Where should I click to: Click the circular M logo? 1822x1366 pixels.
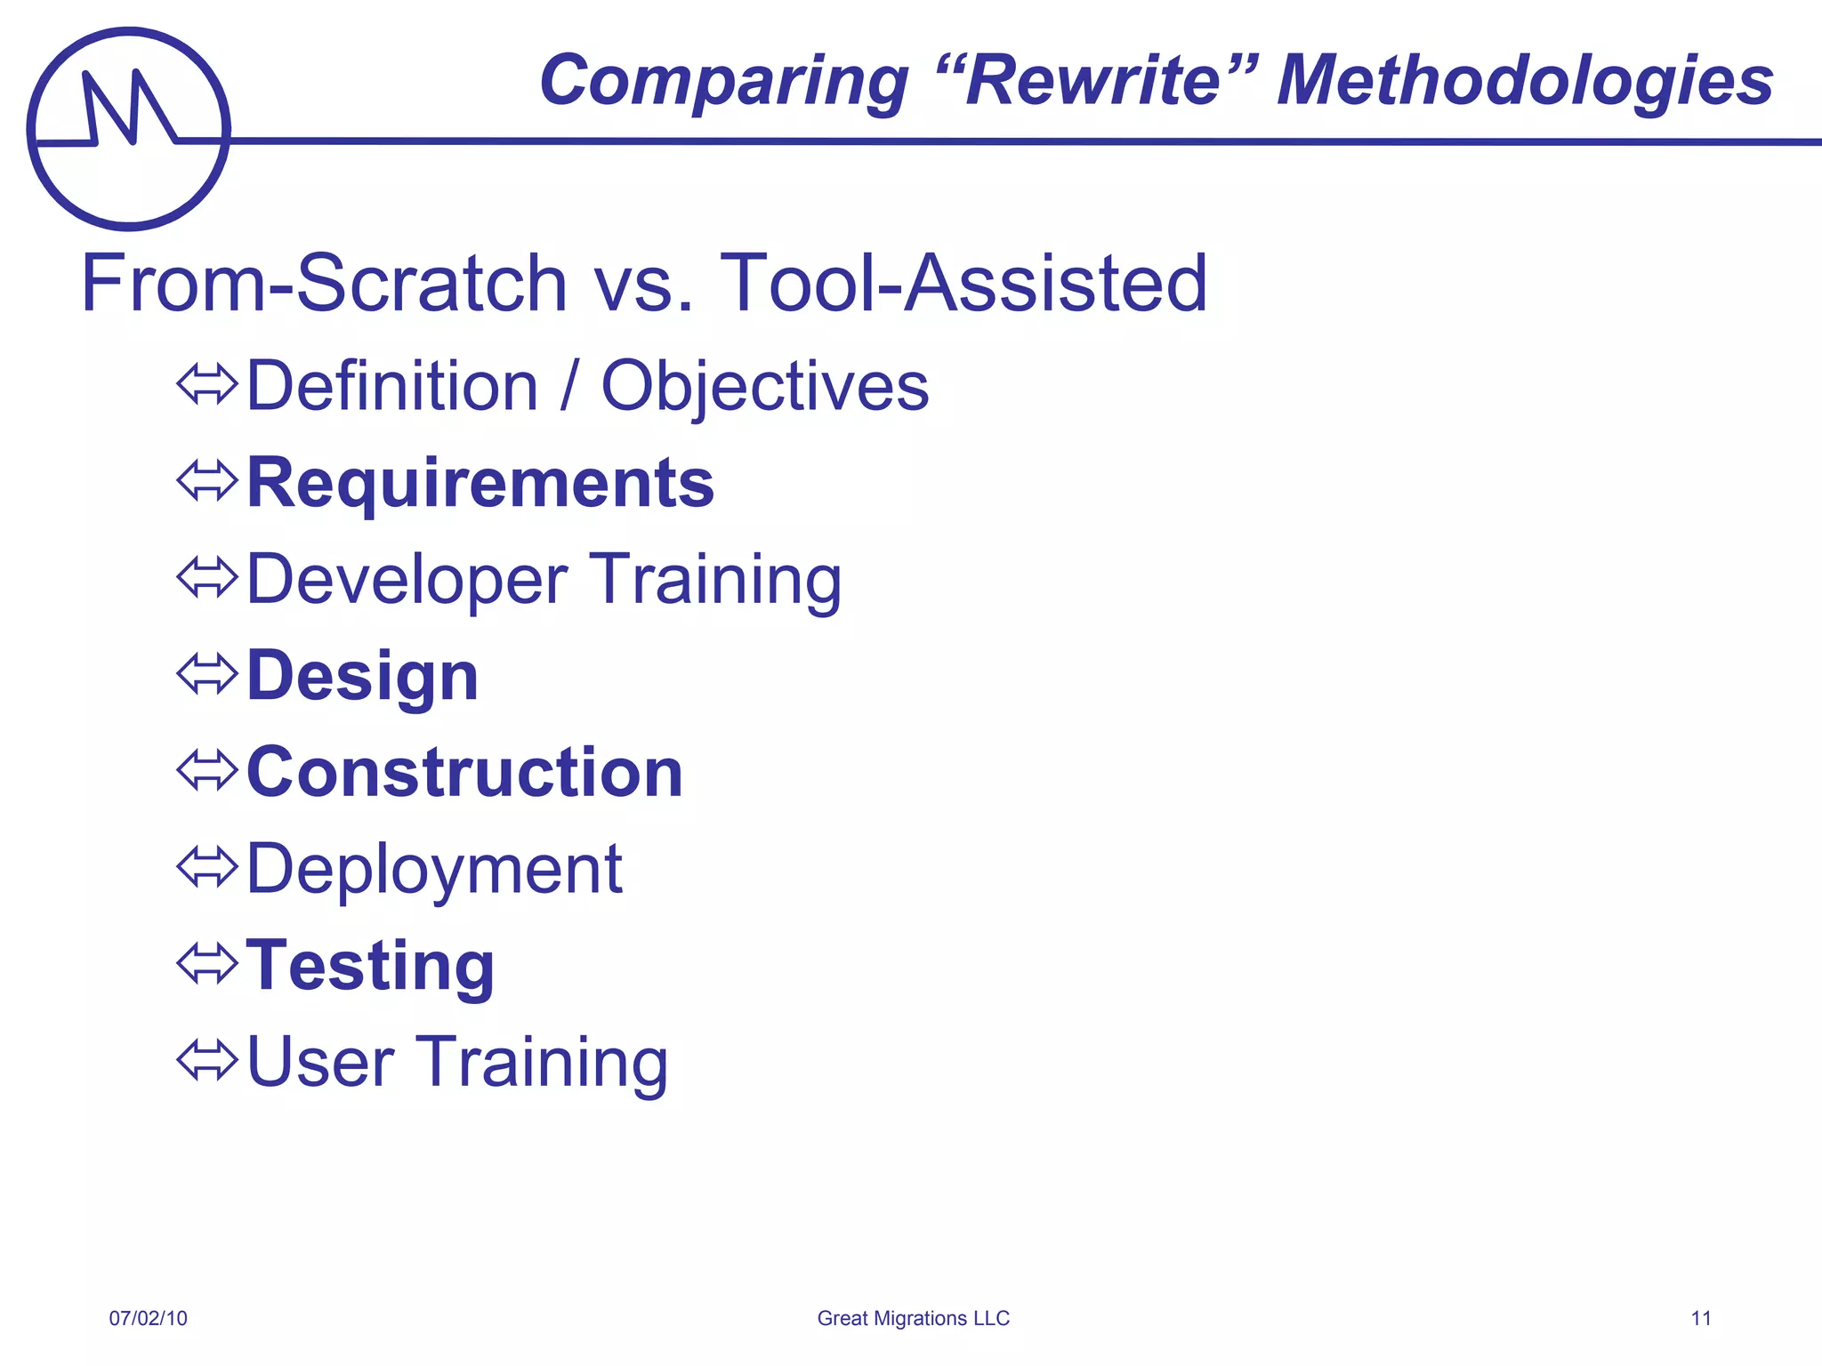[x=129, y=129]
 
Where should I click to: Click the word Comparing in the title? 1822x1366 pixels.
[x=723, y=81]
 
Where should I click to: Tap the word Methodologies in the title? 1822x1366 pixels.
[x=1524, y=81]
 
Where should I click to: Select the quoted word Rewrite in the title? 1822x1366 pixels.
[x=1093, y=81]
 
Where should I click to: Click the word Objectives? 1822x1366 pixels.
[x=765, y=387]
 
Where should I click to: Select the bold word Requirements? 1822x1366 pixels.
[x=480, y=483]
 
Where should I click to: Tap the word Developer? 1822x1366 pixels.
[x=407, y=580]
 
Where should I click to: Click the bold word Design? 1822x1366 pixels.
[x=362, y=676]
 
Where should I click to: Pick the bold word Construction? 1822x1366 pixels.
[x=464, y=772]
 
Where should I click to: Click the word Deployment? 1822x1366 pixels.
[x=434, y=869]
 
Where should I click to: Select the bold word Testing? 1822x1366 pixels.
[x=370, y=965]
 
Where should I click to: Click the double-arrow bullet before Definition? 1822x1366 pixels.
[x=206, y=385]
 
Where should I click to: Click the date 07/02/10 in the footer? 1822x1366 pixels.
[x=149, y=1318]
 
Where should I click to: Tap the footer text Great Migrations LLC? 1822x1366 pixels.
[x=913, y=1318]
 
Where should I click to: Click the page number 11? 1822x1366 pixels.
[x=1700, y=1318]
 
